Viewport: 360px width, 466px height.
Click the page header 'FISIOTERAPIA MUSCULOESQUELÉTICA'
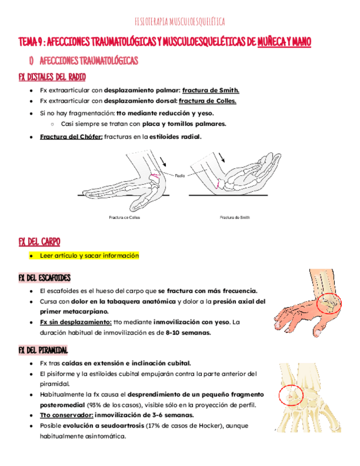coord(180,22)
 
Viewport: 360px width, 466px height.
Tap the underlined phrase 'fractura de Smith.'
coord(211,90)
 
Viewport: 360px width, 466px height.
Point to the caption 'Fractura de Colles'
coord(124,218)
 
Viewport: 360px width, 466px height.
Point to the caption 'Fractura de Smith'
coord(235,218)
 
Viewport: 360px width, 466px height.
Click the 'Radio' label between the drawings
coord(180,176)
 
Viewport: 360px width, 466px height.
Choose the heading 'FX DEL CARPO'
coord(39,242)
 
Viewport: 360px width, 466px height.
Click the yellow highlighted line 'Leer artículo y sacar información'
coord(90,256)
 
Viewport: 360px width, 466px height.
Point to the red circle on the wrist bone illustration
coord(289,394)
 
